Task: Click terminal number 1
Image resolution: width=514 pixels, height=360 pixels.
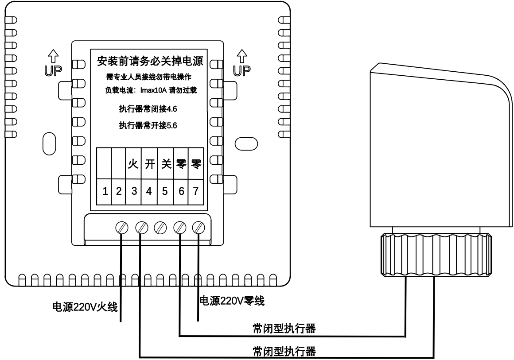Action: pos(105,191)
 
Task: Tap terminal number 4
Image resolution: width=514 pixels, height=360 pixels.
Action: pos(149,191)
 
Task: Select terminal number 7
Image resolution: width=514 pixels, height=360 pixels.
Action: pos(195,191)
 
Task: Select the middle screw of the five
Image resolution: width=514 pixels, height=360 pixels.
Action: pos(160,228)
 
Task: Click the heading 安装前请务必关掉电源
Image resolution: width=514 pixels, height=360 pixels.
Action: pos(146,60)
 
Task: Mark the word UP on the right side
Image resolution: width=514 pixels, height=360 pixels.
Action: pos(241,70)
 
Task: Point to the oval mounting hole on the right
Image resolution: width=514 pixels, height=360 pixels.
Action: pos(245,142)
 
